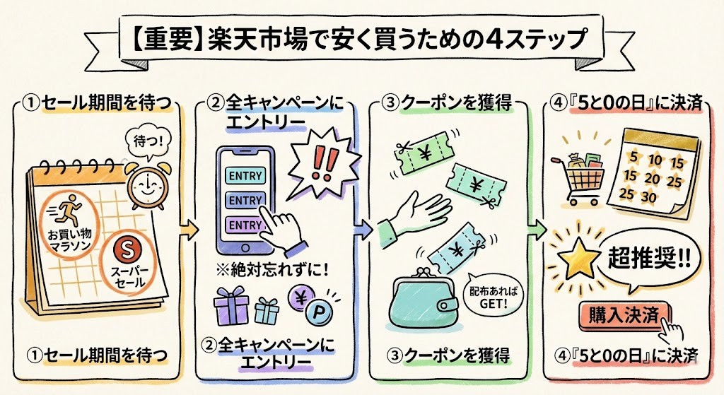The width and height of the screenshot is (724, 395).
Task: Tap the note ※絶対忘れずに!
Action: tap(271, 270)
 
